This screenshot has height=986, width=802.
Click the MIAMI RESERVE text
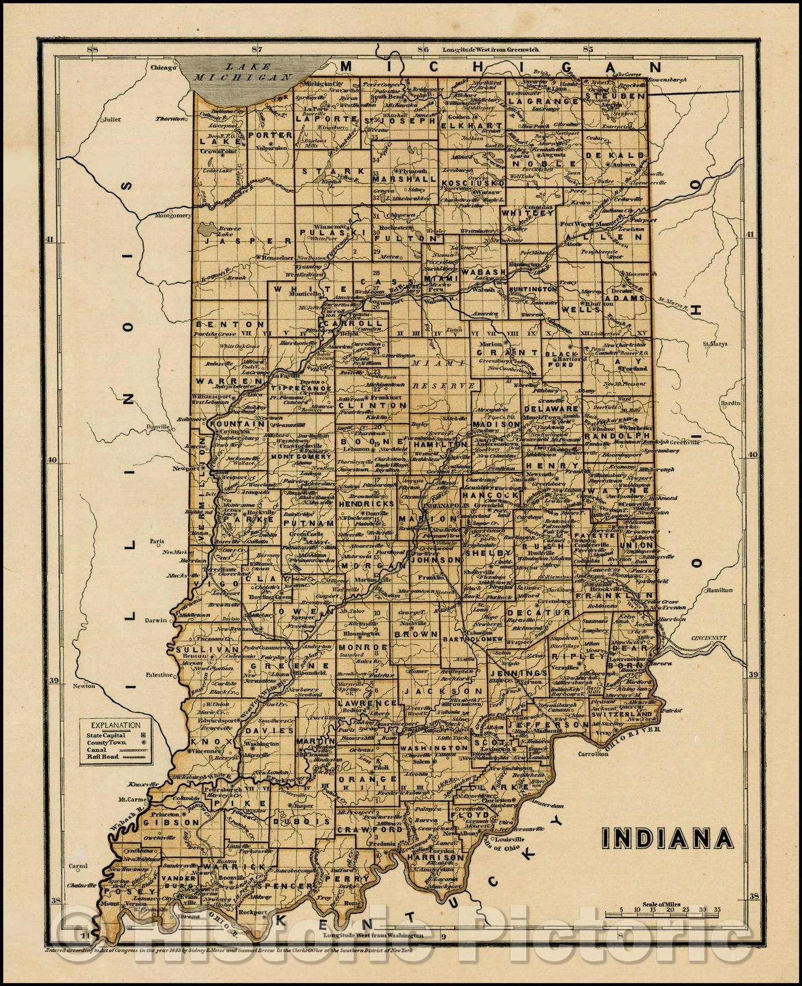(x=432, y=375)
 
